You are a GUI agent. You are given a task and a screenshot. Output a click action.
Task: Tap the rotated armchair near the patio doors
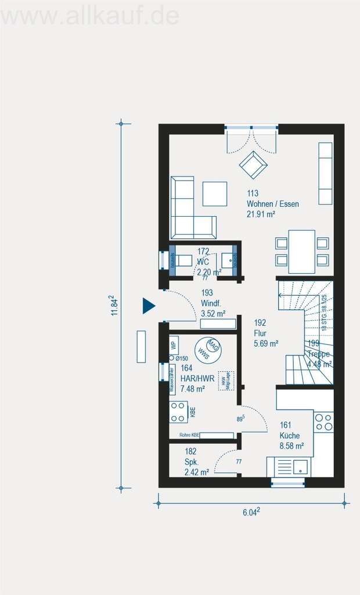point(253,165)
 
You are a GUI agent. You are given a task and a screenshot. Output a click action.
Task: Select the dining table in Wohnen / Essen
point(301,251)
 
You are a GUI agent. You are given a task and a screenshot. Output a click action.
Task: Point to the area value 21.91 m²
point(261,214)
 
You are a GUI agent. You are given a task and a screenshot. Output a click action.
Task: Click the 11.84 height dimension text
point(115,305)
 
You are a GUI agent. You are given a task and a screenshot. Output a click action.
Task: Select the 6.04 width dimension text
point(251,512)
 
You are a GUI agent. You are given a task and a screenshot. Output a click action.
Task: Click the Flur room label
point(260,334)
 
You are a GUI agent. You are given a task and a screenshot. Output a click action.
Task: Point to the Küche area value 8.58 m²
point(291,446)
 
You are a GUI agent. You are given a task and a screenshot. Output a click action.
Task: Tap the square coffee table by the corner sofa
point(215,193)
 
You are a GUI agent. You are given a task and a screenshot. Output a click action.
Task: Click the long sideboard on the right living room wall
point(325,173)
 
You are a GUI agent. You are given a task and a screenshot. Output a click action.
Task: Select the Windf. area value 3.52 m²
point(212,313)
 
